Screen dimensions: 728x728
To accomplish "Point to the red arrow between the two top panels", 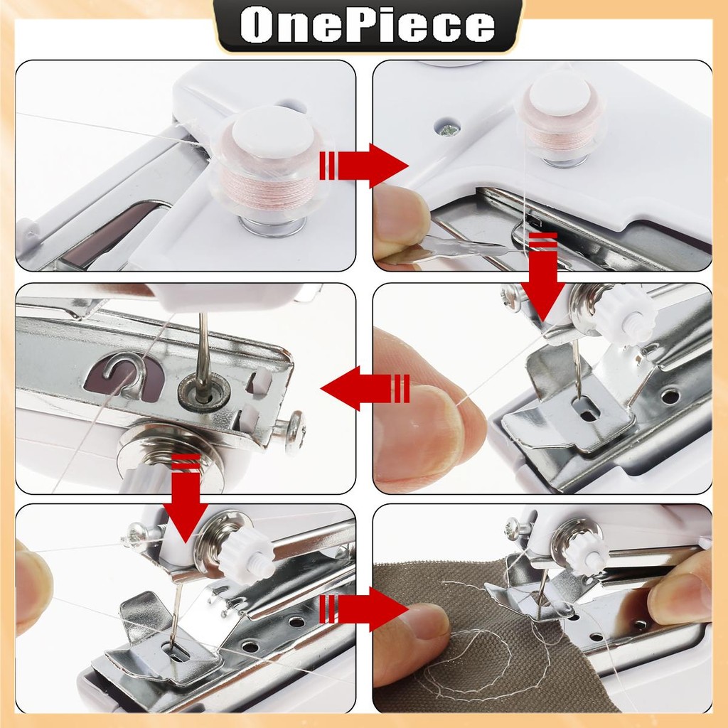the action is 363,166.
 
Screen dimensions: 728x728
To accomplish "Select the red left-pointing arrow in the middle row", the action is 365,388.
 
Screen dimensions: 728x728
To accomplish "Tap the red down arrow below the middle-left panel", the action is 186,498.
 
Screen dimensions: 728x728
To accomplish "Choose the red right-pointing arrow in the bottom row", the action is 363,609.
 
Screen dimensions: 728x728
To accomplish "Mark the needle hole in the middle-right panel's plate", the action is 586,408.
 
